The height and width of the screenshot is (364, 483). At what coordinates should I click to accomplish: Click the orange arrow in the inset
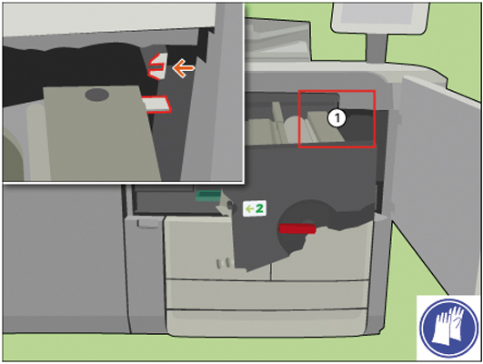[184, 68]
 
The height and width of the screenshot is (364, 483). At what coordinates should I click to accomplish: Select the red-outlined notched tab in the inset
[157, 66]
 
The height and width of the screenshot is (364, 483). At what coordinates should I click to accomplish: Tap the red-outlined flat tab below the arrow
[156, 104]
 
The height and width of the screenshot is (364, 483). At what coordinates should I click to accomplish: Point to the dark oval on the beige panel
[96, 95]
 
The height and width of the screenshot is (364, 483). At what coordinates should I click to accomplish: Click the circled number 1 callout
[337, 118]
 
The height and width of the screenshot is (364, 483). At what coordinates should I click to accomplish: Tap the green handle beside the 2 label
[208, 196]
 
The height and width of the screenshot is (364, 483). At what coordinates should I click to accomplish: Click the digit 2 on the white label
[259, 208]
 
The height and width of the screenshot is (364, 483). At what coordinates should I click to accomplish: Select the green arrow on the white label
[249, 209]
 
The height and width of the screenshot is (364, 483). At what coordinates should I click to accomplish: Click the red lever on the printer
[297, 228]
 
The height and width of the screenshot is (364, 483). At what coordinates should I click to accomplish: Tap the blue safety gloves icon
[448, 328]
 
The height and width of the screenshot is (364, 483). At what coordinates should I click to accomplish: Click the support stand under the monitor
[376, 46]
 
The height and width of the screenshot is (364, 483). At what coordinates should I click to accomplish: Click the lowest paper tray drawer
[267, 321]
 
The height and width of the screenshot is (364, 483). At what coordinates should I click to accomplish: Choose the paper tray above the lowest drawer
[267, 295]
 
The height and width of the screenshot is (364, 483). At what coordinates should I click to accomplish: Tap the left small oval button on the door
[219, 264]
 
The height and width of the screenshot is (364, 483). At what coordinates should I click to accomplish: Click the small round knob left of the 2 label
[230, 206]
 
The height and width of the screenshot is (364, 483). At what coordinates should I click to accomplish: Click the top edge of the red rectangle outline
[337, 91]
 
